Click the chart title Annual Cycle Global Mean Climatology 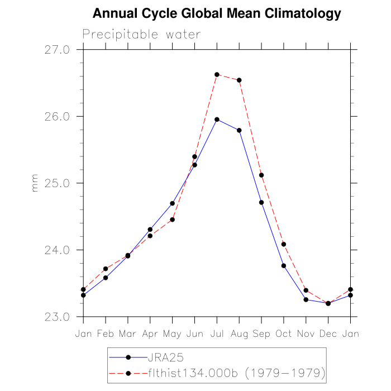[x=217, y=13]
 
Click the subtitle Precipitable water [x=141, y=35]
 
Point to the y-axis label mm [x=35, y=187]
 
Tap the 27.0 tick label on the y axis [x=58, y=50]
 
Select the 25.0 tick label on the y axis [x=58, y=183]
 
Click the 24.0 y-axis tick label [x=58, y=250]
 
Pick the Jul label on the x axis [x=217, y=333]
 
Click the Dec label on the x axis [x=328, y=333]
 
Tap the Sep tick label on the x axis [x=261, y=333]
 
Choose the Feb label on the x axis [x=106, y=333]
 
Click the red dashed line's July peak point [x=217, y=74]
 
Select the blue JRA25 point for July [x=217, y=120]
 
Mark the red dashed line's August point [x=239, y=80]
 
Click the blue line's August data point [x=239, y=130]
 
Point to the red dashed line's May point [x=173, y=220]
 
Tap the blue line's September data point [x=261, y=202]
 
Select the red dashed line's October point [x=284, y=244]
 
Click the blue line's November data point [x=306, y=300]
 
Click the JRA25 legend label [x=162, y=357]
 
